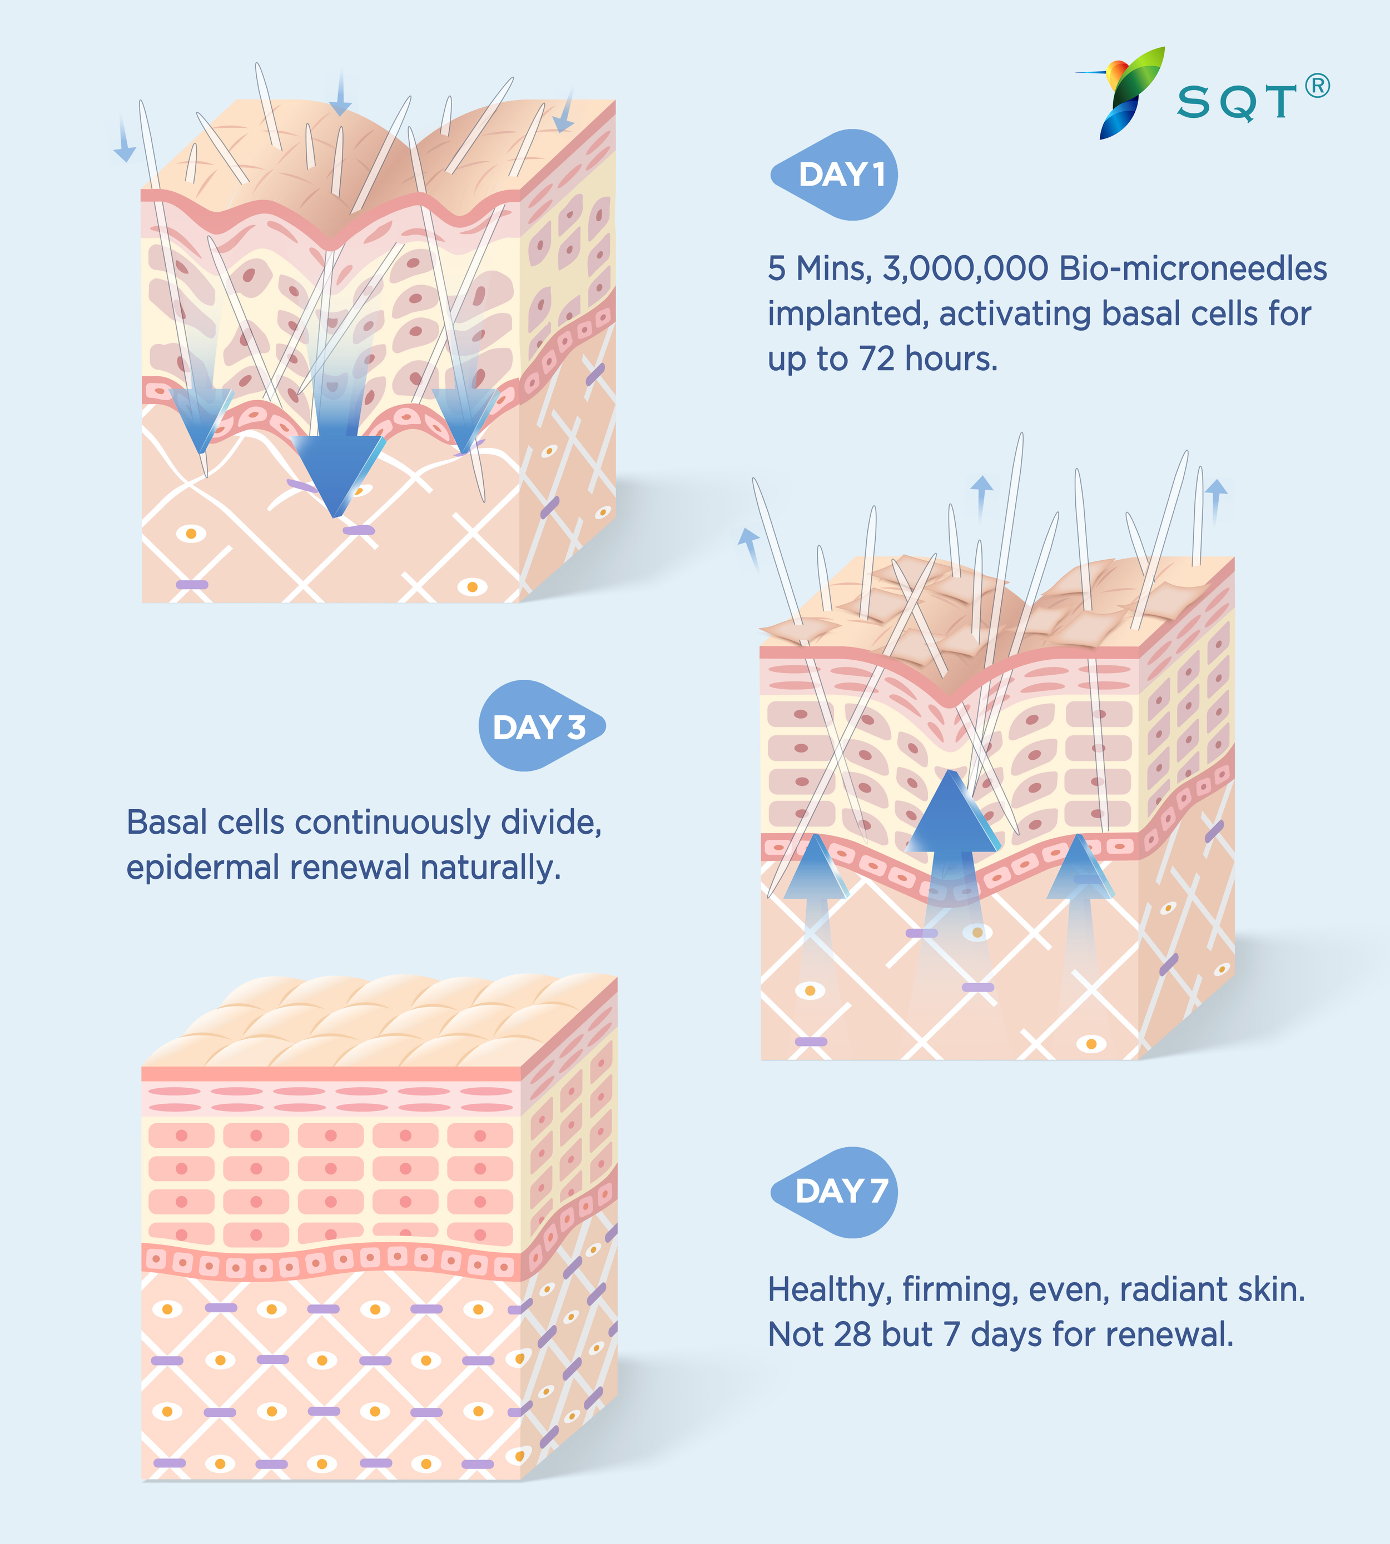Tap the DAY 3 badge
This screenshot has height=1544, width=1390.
tap(541, 726)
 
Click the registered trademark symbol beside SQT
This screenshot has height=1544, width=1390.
tap(1318, 86)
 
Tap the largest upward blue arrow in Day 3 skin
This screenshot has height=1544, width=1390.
tap(951, 817)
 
